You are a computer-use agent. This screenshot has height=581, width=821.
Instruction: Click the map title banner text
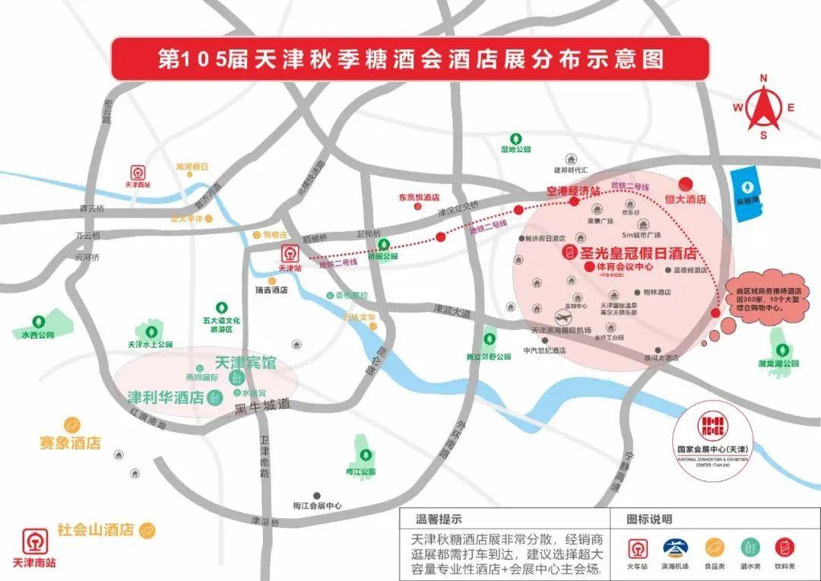[410, 59]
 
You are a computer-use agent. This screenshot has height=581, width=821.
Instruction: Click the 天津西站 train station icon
[139, 171]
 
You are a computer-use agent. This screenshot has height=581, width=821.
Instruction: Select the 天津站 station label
[289, 268]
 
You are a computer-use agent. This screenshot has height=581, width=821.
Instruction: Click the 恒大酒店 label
[686, 198]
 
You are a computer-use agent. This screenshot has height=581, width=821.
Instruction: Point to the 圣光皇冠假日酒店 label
[638, 252]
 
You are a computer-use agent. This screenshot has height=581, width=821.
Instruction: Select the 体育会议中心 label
[623, 267]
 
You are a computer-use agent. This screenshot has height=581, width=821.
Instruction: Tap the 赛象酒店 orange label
[70, 443]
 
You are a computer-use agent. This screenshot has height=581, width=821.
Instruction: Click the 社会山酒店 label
[96, 529]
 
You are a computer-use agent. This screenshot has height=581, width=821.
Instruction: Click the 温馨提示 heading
[439, 520]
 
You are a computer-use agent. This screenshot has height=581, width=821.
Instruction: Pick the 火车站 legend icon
[639, 546]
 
